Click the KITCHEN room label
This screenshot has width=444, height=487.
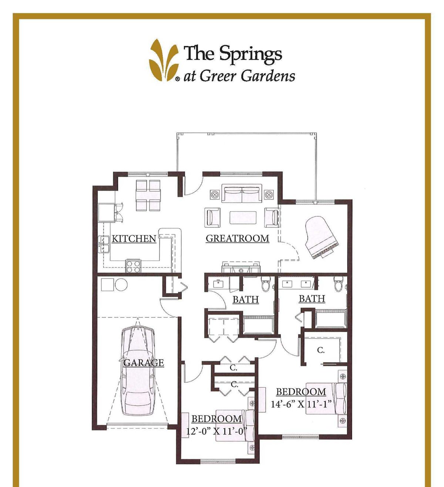click(134, 239)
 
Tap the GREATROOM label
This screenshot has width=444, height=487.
click(237, 238)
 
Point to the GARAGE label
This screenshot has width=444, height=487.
click(144, 362)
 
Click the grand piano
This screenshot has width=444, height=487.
click(320, 237)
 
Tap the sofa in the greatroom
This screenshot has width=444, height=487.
click(242, 194)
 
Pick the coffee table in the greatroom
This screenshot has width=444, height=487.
click(243, 217)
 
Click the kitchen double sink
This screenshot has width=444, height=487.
click(104, 244)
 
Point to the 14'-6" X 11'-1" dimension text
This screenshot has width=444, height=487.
click(301, 404)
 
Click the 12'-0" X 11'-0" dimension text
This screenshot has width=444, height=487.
click(216, 431)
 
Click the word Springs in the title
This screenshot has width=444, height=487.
click(250, 54)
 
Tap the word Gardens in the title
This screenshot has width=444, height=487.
click(268, 76)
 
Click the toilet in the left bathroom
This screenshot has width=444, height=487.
click(266, 284)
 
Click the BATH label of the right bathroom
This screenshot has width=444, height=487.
click(312, 299)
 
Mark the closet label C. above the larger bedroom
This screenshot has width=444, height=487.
click(321, 350)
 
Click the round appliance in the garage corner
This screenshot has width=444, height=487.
click(121, 285)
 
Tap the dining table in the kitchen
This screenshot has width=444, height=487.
click(148, 195)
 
